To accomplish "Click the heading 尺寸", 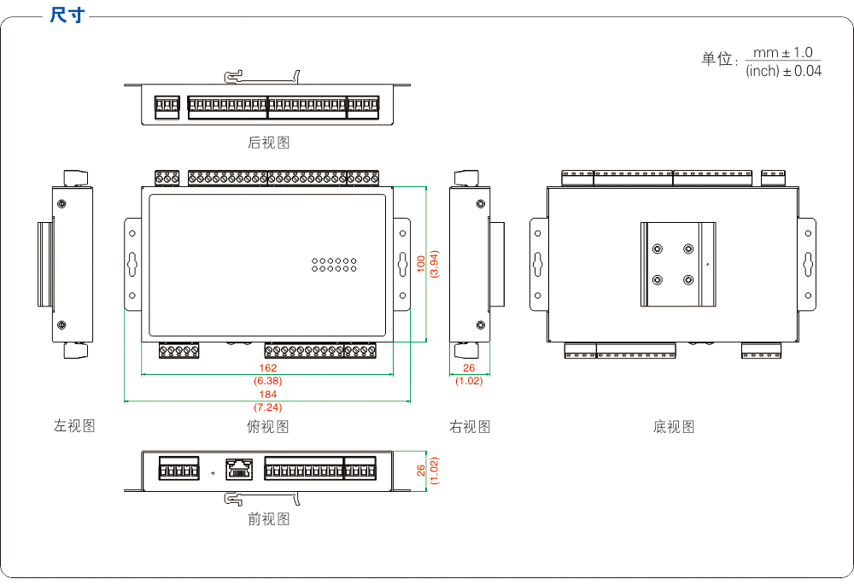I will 67,15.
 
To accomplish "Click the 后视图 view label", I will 269,143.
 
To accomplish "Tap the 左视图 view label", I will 74,425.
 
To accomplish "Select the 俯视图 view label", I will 268,426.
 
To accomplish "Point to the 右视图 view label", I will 470,426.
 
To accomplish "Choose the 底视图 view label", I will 674,426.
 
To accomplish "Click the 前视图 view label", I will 269,518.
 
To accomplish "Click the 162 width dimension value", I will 268,368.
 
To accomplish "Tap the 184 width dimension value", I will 268,395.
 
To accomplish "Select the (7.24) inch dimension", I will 268,407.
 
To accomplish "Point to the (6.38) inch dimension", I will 268,381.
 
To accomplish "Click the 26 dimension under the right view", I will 469,368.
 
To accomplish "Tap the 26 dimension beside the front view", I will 421,471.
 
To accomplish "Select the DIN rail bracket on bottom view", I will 679,264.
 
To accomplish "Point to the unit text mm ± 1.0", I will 783,53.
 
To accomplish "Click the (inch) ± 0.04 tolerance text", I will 783,71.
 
